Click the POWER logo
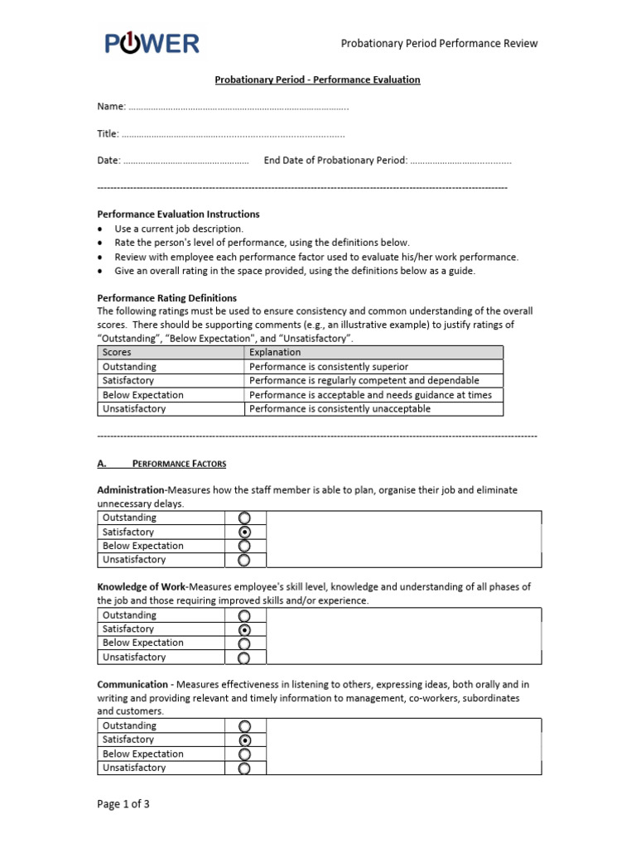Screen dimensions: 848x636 [152, 43]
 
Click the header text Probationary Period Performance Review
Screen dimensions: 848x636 [439, 44]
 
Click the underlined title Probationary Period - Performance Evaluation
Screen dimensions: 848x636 [317, 79]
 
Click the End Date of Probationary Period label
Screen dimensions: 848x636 [335, 161]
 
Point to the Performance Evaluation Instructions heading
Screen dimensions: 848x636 [178, 214]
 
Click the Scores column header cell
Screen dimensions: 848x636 [171, 353]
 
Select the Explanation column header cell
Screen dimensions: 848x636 [373, 353]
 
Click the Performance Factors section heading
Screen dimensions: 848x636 [179, 464]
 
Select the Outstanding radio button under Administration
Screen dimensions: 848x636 [244, 518]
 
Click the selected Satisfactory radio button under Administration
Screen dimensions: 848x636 [244, 532]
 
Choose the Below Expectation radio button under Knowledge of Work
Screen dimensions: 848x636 [244, 643]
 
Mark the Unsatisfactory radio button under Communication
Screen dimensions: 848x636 [244, 768]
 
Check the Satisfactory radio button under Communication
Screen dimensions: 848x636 [244, 740]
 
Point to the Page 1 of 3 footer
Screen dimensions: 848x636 [123, 803]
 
